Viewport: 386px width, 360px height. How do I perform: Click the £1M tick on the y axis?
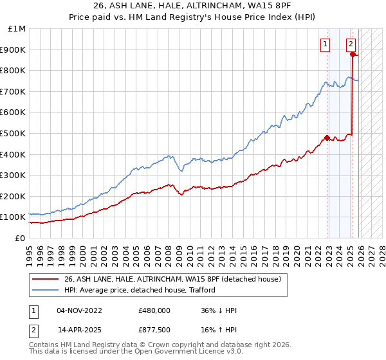pyautogui.click(x=17, y=29)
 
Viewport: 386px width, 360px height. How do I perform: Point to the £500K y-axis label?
pyautogui.click(x=14, y=133)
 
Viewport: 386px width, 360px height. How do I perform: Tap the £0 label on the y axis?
pyautogui.click(x=21, y=238)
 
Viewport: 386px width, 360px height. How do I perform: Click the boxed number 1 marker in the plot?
pyautogui.click(x=326, y=44)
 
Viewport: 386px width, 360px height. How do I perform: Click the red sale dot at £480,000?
pyautogui.click(x=327, y=138)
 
